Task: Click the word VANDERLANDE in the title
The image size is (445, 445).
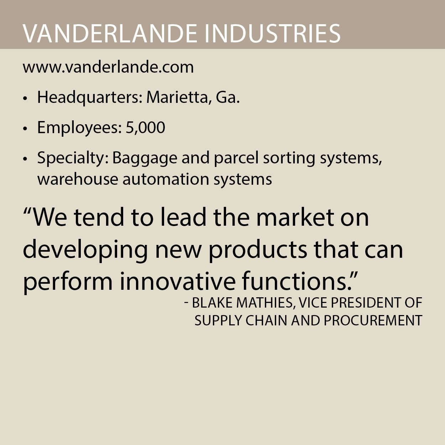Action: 110,34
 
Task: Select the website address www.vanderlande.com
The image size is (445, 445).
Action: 108,67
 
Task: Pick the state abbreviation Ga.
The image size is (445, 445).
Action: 228,98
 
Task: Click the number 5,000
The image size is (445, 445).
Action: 145,128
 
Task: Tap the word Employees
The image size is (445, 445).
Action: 79,128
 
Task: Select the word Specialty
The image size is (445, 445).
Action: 73,158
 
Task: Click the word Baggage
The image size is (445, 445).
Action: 145,158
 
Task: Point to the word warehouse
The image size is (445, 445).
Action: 78,179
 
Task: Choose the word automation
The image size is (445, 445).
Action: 166,179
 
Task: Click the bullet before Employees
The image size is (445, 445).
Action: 25,129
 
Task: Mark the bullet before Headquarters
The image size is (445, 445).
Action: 25,98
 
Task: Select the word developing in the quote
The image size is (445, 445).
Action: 85,251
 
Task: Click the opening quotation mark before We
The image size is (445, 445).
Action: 28,212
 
